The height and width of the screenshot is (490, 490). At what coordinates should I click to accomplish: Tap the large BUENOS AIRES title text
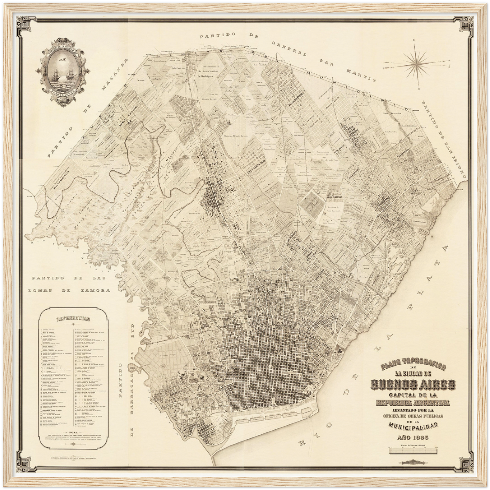coord(413,384)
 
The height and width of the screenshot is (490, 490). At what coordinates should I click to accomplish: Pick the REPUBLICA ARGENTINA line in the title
coord(413,403)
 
